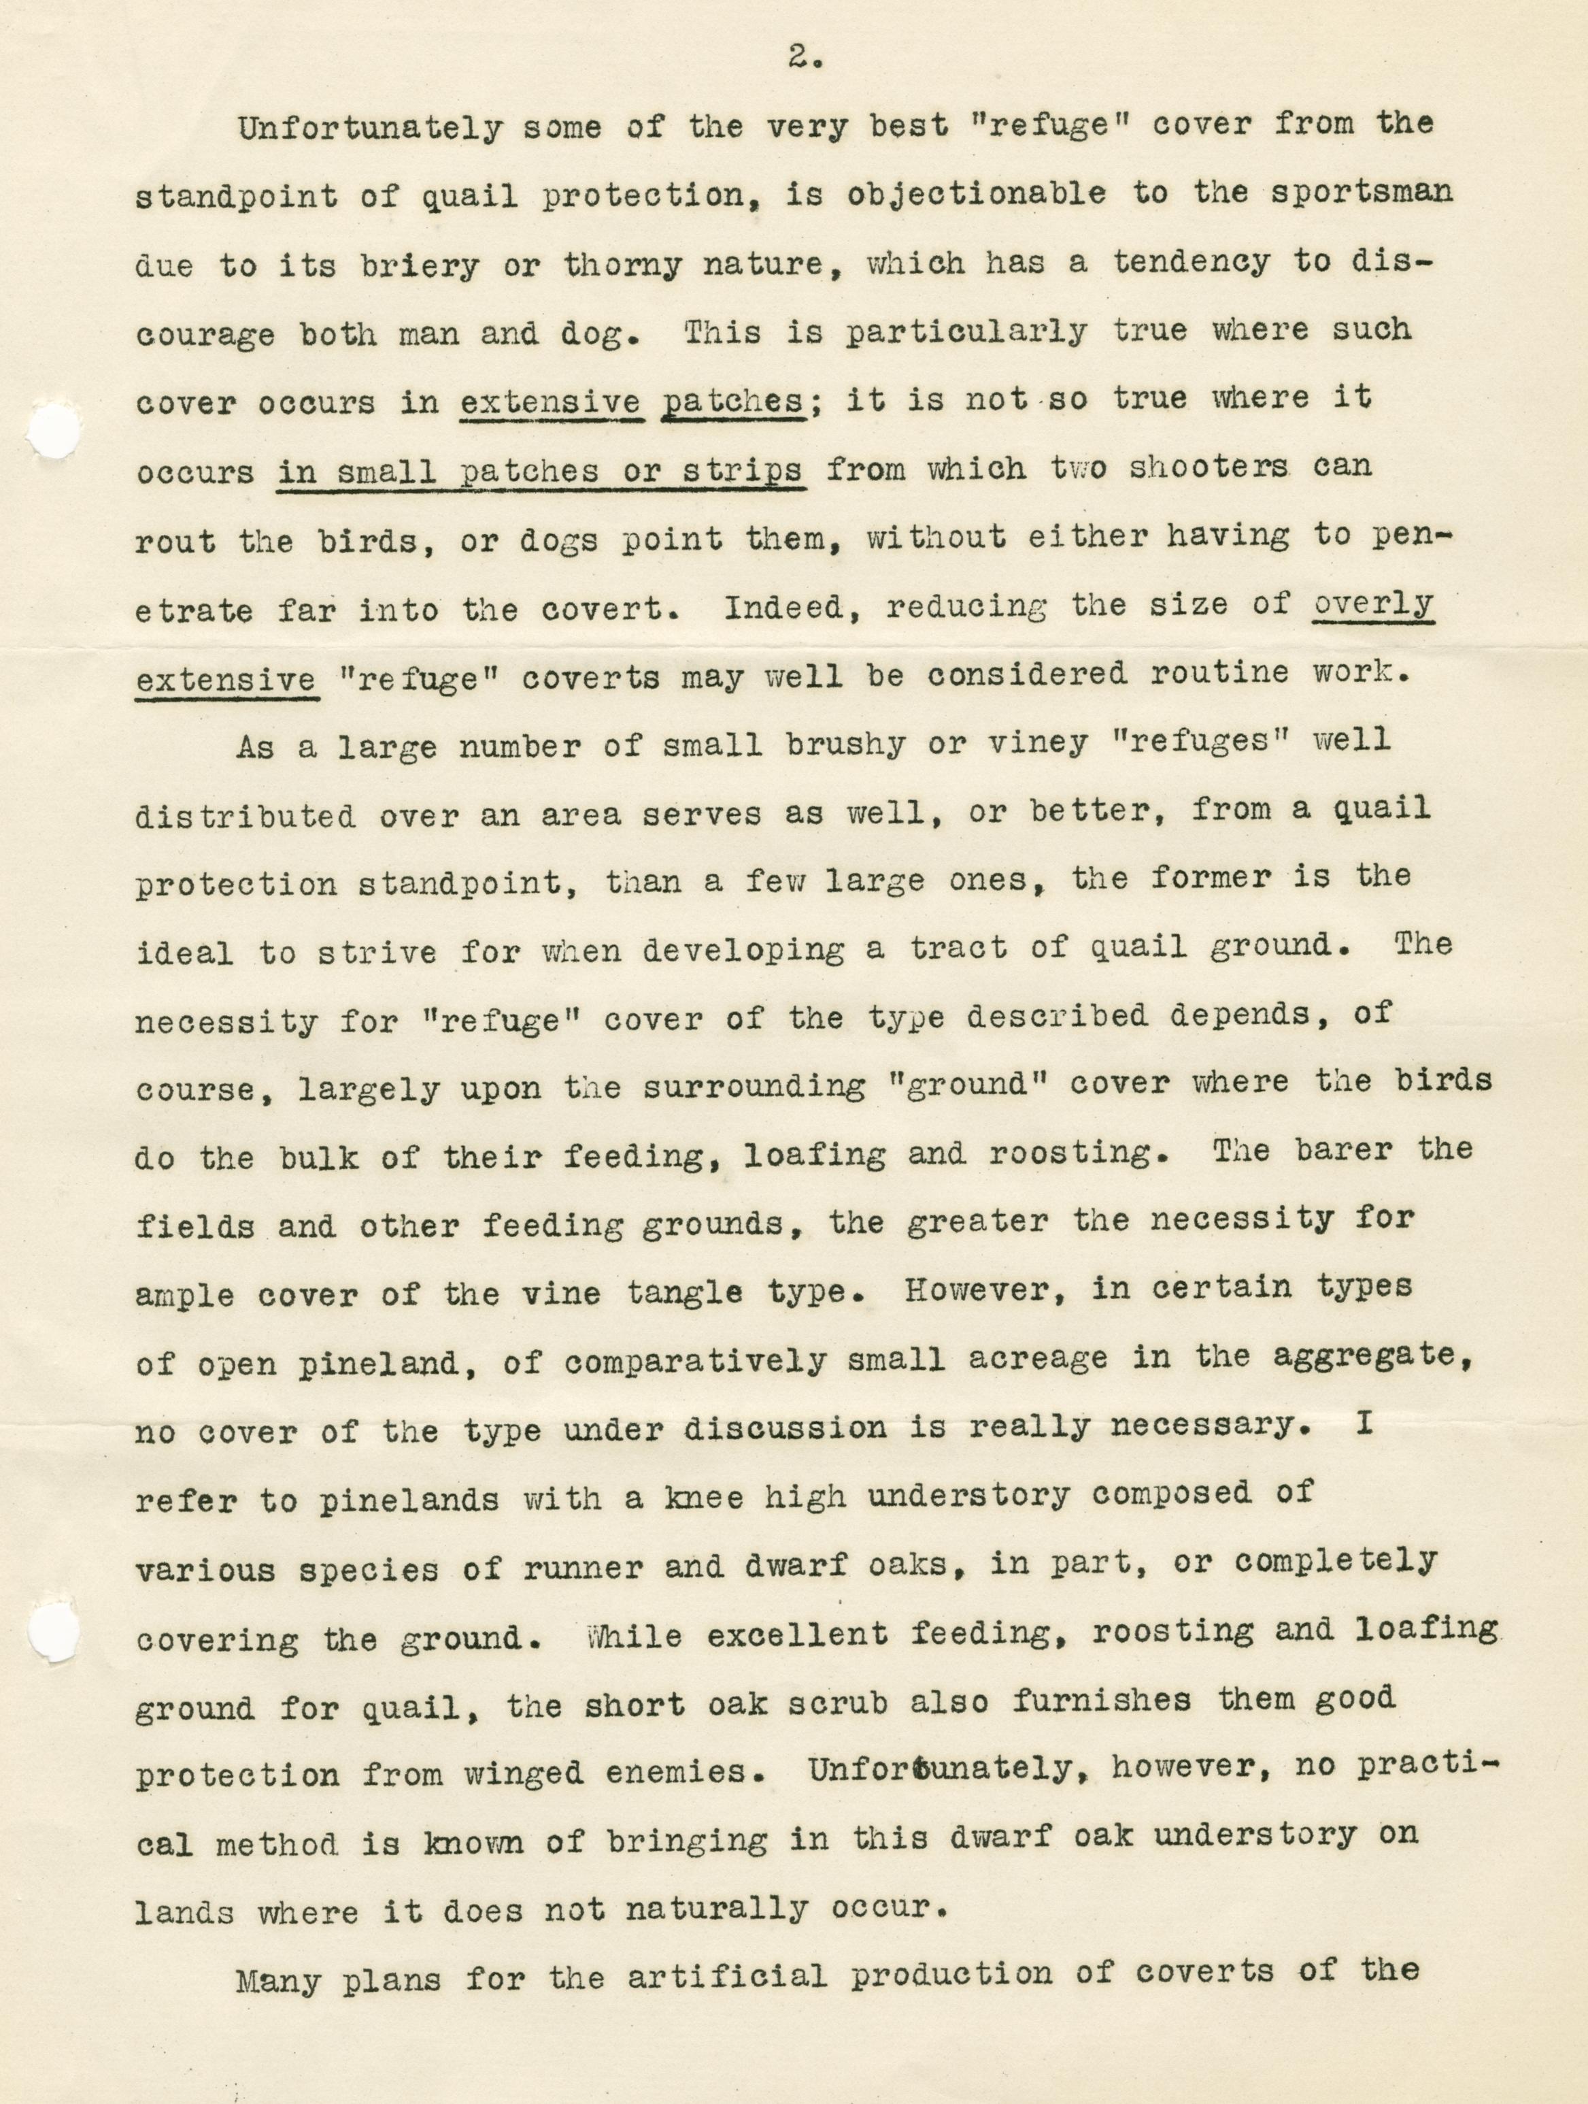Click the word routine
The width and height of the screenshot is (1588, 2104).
click(1232, 674)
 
